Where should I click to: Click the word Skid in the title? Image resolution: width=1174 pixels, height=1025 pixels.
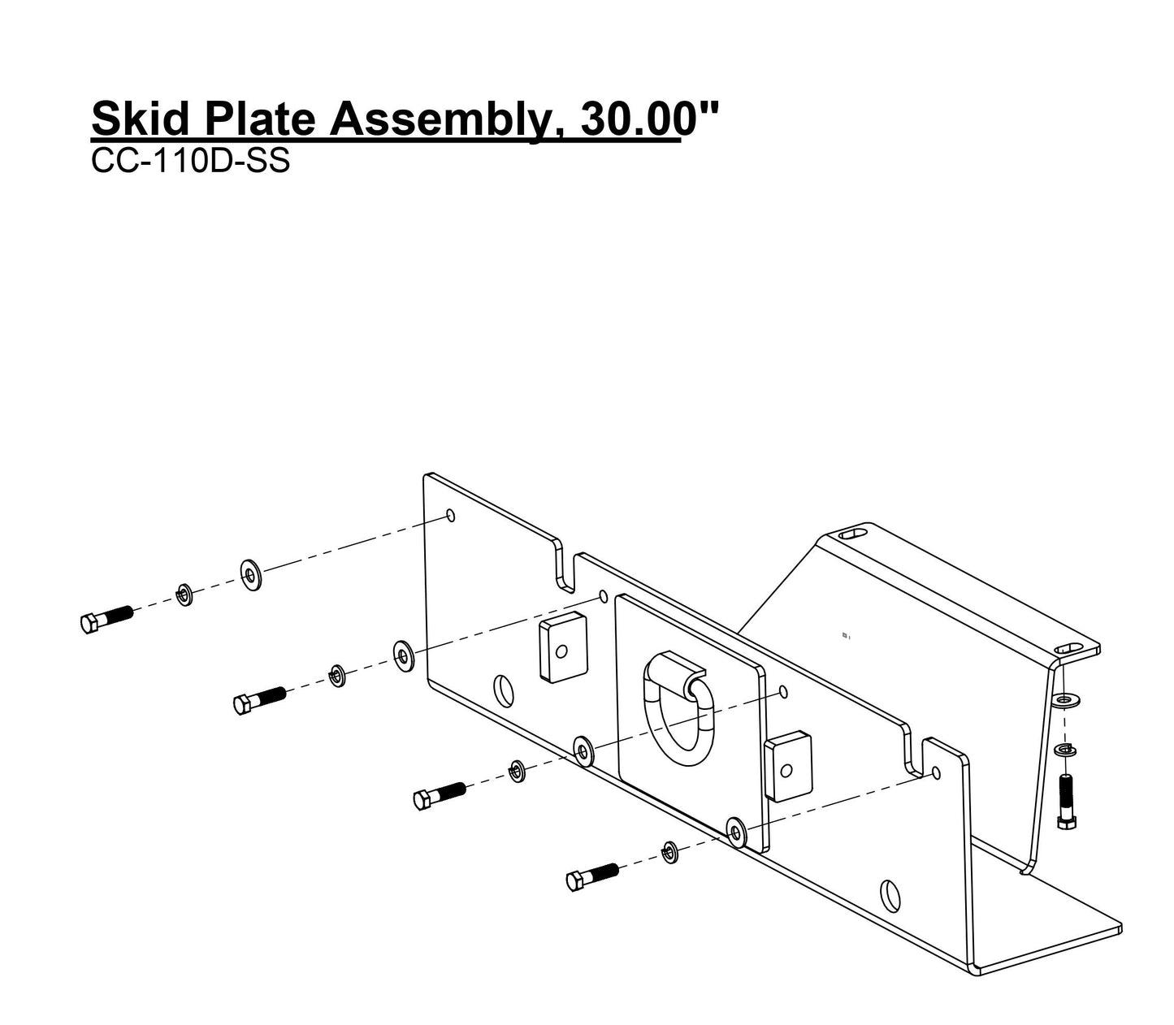pyautogui.click(x=140, y=119)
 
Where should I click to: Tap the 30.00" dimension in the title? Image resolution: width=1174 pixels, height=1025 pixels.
pyautogui.click(x=639, y=119)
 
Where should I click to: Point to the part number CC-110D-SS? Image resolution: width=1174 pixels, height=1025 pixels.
pyautogui.click(x=190, y=162)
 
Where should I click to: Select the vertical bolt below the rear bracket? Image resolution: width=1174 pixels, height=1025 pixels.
pyautogui.click(x=1066, y=802)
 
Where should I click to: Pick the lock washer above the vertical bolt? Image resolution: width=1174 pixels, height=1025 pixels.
pyautogui.click(x=1064, y=749)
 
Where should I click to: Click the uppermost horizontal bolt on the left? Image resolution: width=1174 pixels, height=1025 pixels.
pyautogui.click(x=106, y=619)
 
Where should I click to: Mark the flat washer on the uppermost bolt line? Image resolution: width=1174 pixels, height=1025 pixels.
pyautogui.click(x=250, y=575)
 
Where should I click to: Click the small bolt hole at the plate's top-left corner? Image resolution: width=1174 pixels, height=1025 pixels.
pyautogui.click(x=452, y=516)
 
